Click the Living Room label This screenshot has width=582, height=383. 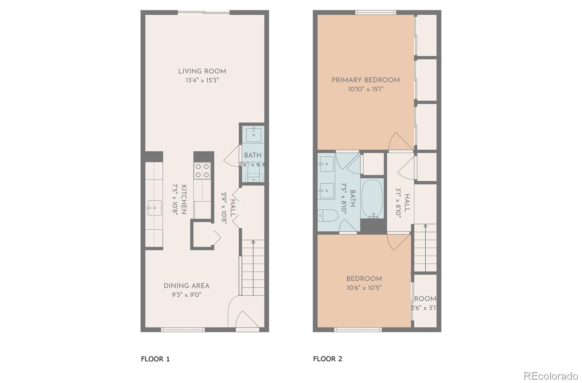(x=202, y=71)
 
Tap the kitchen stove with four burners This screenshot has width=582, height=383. (x=202, y=171)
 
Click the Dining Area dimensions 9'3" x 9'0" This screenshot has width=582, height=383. (x=186, y=295)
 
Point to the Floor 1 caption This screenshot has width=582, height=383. (x=155, y=359)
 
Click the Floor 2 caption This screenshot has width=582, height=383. (x=327, y=359)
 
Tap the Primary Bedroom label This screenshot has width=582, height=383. (x=366, y=80)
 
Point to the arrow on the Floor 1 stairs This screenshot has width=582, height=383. (x=253, y=242)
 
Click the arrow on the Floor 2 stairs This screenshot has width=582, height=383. (x=425, y=226)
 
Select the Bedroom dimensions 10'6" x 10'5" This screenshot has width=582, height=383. (x=364, y=288)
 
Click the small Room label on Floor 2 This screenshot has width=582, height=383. (x=425, y=299)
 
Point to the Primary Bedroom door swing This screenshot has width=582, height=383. (x=399, y=142)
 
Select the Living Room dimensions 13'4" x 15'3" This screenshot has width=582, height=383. (x=202, y=80)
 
